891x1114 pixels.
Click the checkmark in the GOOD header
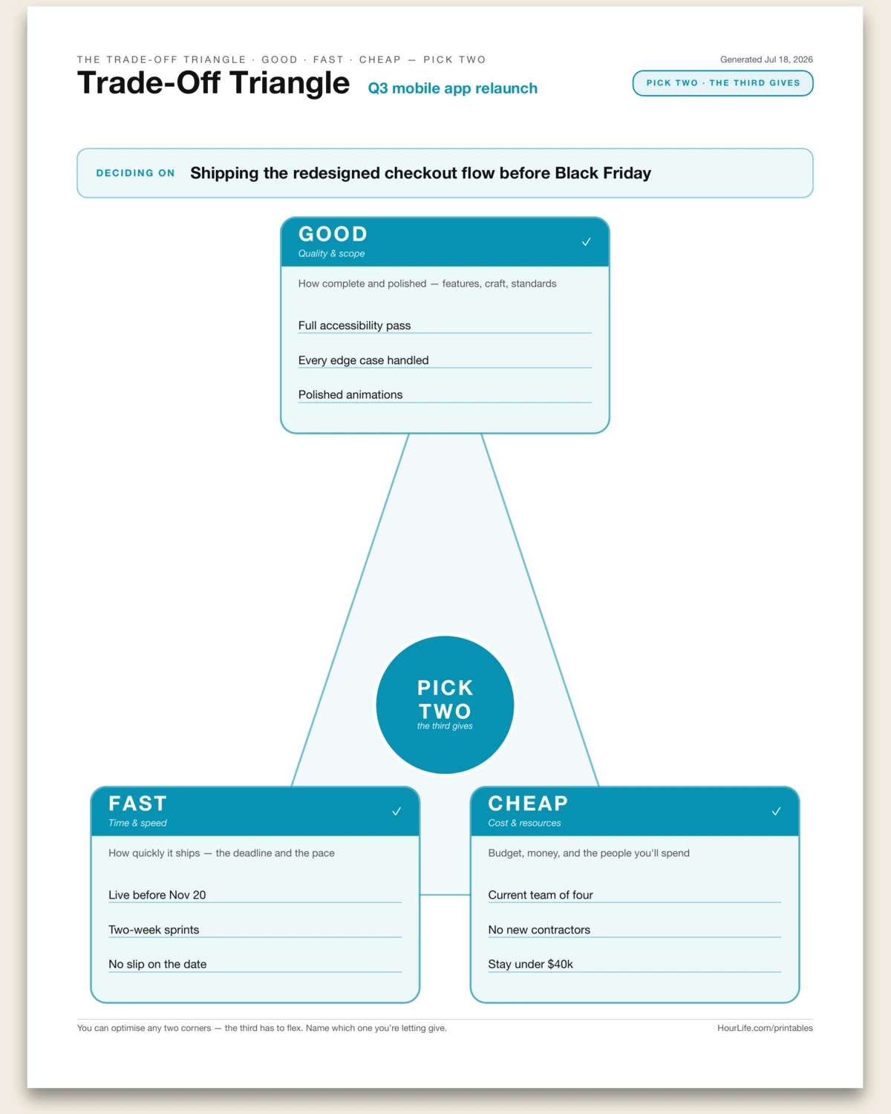pyautogui.click(x=586, y=242)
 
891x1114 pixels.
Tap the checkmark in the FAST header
pyautogui.click(x=396, y=811)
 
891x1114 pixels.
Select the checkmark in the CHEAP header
pyautogui.click(x=776, y=811)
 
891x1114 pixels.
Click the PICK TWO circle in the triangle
pyautogui.click(x=445, y=705)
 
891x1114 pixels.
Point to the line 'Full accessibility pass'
pyautogui.click(x=354, y=325)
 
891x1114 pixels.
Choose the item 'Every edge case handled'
pyautogui.click(x=363, y=360)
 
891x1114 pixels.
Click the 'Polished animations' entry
pyautogui.click(x=350, y=394)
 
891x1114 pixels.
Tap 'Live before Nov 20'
pyautogui.click(x=157, y=895)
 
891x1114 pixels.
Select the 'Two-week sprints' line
pyautogui.click(x=153, y=930)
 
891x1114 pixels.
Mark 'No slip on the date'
pyautogui.click(x=157, y=964)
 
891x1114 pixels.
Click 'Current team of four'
pyautogui.click(x=540, y=895)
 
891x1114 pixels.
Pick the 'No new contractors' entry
pyautogui.click(x=539, y=930)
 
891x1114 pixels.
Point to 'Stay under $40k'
pyautogui.click(x=530, y=964)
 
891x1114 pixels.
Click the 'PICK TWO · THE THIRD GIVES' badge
pyautogui.click(x=722, y=83)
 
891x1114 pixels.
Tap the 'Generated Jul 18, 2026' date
pyautogui.click(x=766, y=59)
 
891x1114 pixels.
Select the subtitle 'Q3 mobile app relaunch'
pyautogui.click(x=452, y=88)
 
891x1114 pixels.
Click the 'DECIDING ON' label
pyautogui.click(x=136, y=173)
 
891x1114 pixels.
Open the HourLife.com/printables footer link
pyautogui.click(x=765, y=1028)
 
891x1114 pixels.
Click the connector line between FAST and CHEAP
pyautogui.click(x=445, y=894)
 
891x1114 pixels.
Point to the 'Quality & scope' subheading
pyautogui.click(x=331, y=254)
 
